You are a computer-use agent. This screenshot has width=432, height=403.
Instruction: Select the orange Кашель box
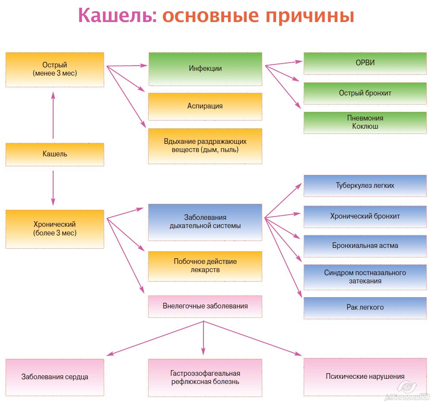click(55, 154)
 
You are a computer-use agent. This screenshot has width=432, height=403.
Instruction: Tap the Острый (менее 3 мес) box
click(55, 70)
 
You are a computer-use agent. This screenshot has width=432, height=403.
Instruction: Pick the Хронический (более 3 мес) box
click(55, 229)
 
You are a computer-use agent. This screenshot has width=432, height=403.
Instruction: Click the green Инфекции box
click(205, 69)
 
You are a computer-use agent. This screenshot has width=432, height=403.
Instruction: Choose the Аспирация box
click(205, 106)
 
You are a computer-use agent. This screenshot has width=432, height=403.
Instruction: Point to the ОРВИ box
click(365, 63)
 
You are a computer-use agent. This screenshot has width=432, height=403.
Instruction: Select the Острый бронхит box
click(365, 93)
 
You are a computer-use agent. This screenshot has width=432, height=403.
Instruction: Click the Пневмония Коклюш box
click(365, 122)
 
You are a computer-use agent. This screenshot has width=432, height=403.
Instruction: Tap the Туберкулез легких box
click(365, 186)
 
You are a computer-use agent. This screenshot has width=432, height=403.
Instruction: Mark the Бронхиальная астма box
click(365, 246)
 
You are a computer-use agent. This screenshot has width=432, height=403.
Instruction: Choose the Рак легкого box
click(365, 308)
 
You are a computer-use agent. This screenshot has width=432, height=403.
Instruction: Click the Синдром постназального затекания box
click(365, 277)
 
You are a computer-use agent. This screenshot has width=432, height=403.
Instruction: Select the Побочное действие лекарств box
click(205, 266)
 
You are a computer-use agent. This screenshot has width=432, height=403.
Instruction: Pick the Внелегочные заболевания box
click(205, 306)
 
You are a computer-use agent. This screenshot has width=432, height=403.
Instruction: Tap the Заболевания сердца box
click(55, 377)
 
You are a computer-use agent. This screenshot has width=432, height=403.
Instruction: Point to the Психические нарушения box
click(365, 377)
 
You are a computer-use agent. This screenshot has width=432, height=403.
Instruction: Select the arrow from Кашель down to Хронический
click(53, 188)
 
